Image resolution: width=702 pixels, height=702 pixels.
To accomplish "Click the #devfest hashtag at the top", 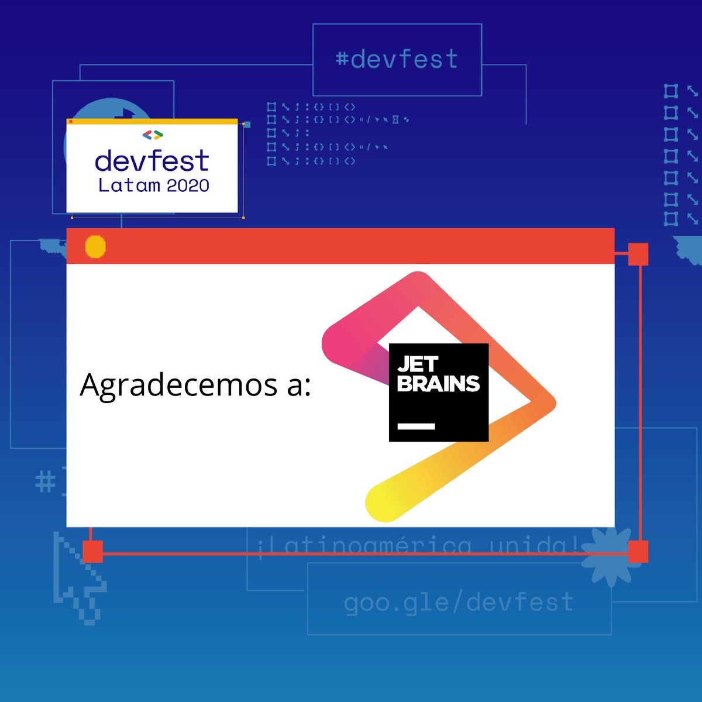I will pos(397,60).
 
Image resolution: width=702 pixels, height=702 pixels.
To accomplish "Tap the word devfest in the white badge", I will pos(152,161).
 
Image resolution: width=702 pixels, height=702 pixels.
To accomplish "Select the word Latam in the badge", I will pos(129,186).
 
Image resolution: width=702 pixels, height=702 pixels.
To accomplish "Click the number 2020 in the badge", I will pos(188,186).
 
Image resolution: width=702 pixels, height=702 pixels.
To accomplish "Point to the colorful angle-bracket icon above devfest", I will pos(153,135).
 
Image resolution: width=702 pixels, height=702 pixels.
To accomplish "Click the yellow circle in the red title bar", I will pos(95,246).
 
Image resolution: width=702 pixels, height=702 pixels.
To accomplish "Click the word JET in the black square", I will pos(418,364).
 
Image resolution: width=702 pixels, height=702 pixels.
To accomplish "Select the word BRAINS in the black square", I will pos(438,384).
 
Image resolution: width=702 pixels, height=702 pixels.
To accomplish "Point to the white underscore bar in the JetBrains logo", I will pos(417,426).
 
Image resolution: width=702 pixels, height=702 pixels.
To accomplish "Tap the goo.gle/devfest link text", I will pos(459,602).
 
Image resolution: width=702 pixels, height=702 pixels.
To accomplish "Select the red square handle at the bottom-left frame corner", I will pos(92,552).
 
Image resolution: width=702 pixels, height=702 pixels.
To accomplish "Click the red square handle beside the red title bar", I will pos(638,254).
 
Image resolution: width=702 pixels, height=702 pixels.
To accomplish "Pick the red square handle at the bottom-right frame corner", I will pos(638,552).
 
